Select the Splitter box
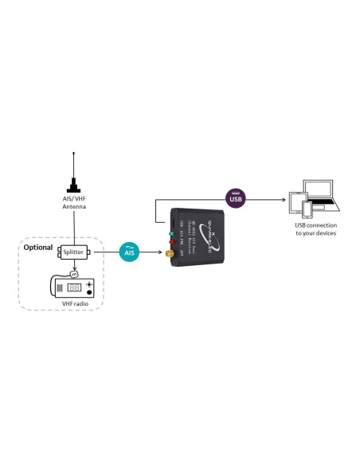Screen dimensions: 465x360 click(74, 252)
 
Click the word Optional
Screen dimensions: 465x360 click(38, 247)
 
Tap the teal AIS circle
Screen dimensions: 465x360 click(130, 252)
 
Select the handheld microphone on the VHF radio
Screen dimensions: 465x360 click(74, 273)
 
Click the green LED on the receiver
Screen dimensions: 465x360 click(170, 233)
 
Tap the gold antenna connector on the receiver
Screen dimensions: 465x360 click(168, 254)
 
